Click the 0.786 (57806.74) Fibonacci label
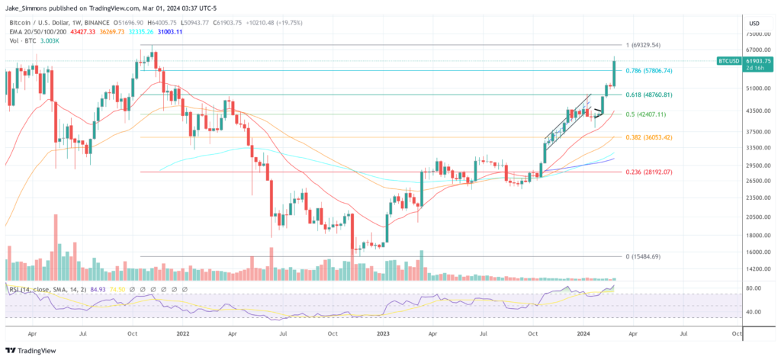point(648,70)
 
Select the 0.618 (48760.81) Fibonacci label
point(648,95)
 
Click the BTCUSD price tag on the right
point(728,59)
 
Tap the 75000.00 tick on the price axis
point(758,34)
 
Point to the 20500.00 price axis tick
point(758,217)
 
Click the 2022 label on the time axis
point(182,333)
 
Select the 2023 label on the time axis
point(381,333)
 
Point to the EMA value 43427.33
point(82,32)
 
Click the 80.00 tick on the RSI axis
point(755,288)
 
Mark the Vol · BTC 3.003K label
point(34,40)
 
